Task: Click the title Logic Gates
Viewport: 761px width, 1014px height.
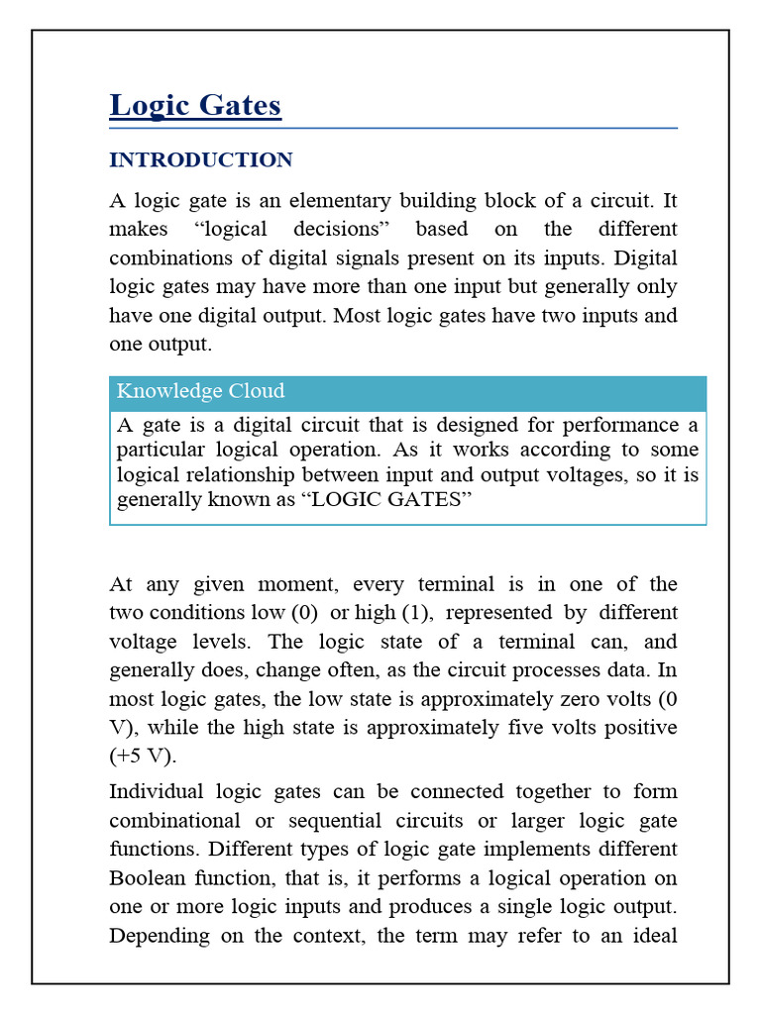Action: (195, 106)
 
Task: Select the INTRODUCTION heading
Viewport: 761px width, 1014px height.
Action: (200, 160)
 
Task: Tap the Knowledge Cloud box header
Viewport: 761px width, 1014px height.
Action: (200, 391)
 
